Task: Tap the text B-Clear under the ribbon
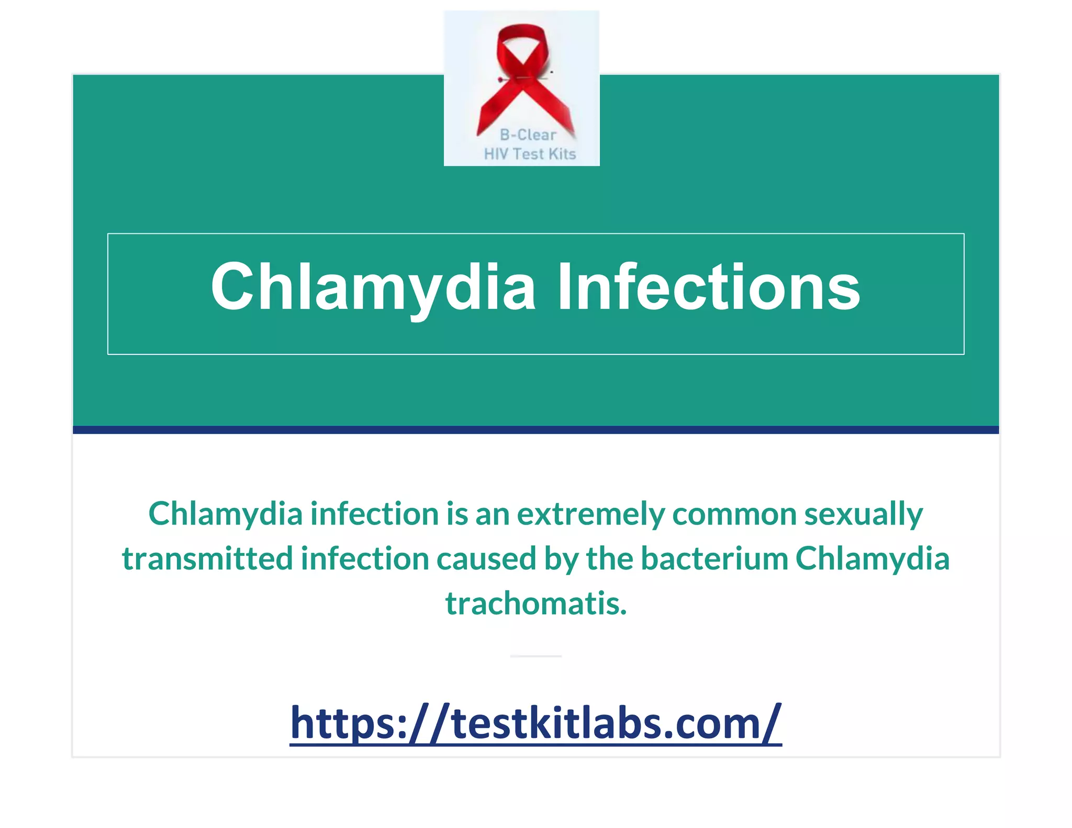(528, 135)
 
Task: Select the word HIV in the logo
(496, 154)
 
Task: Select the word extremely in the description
(590, 514)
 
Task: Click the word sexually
(864, 514)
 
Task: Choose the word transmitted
(207, 558)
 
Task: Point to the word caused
(486, 558)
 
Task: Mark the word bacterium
(714, 558)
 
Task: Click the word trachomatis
(535, 603)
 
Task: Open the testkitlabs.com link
(535, 723)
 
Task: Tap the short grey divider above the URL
(535, 656)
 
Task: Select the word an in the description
(492, 514)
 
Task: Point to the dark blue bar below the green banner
(535, 430)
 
